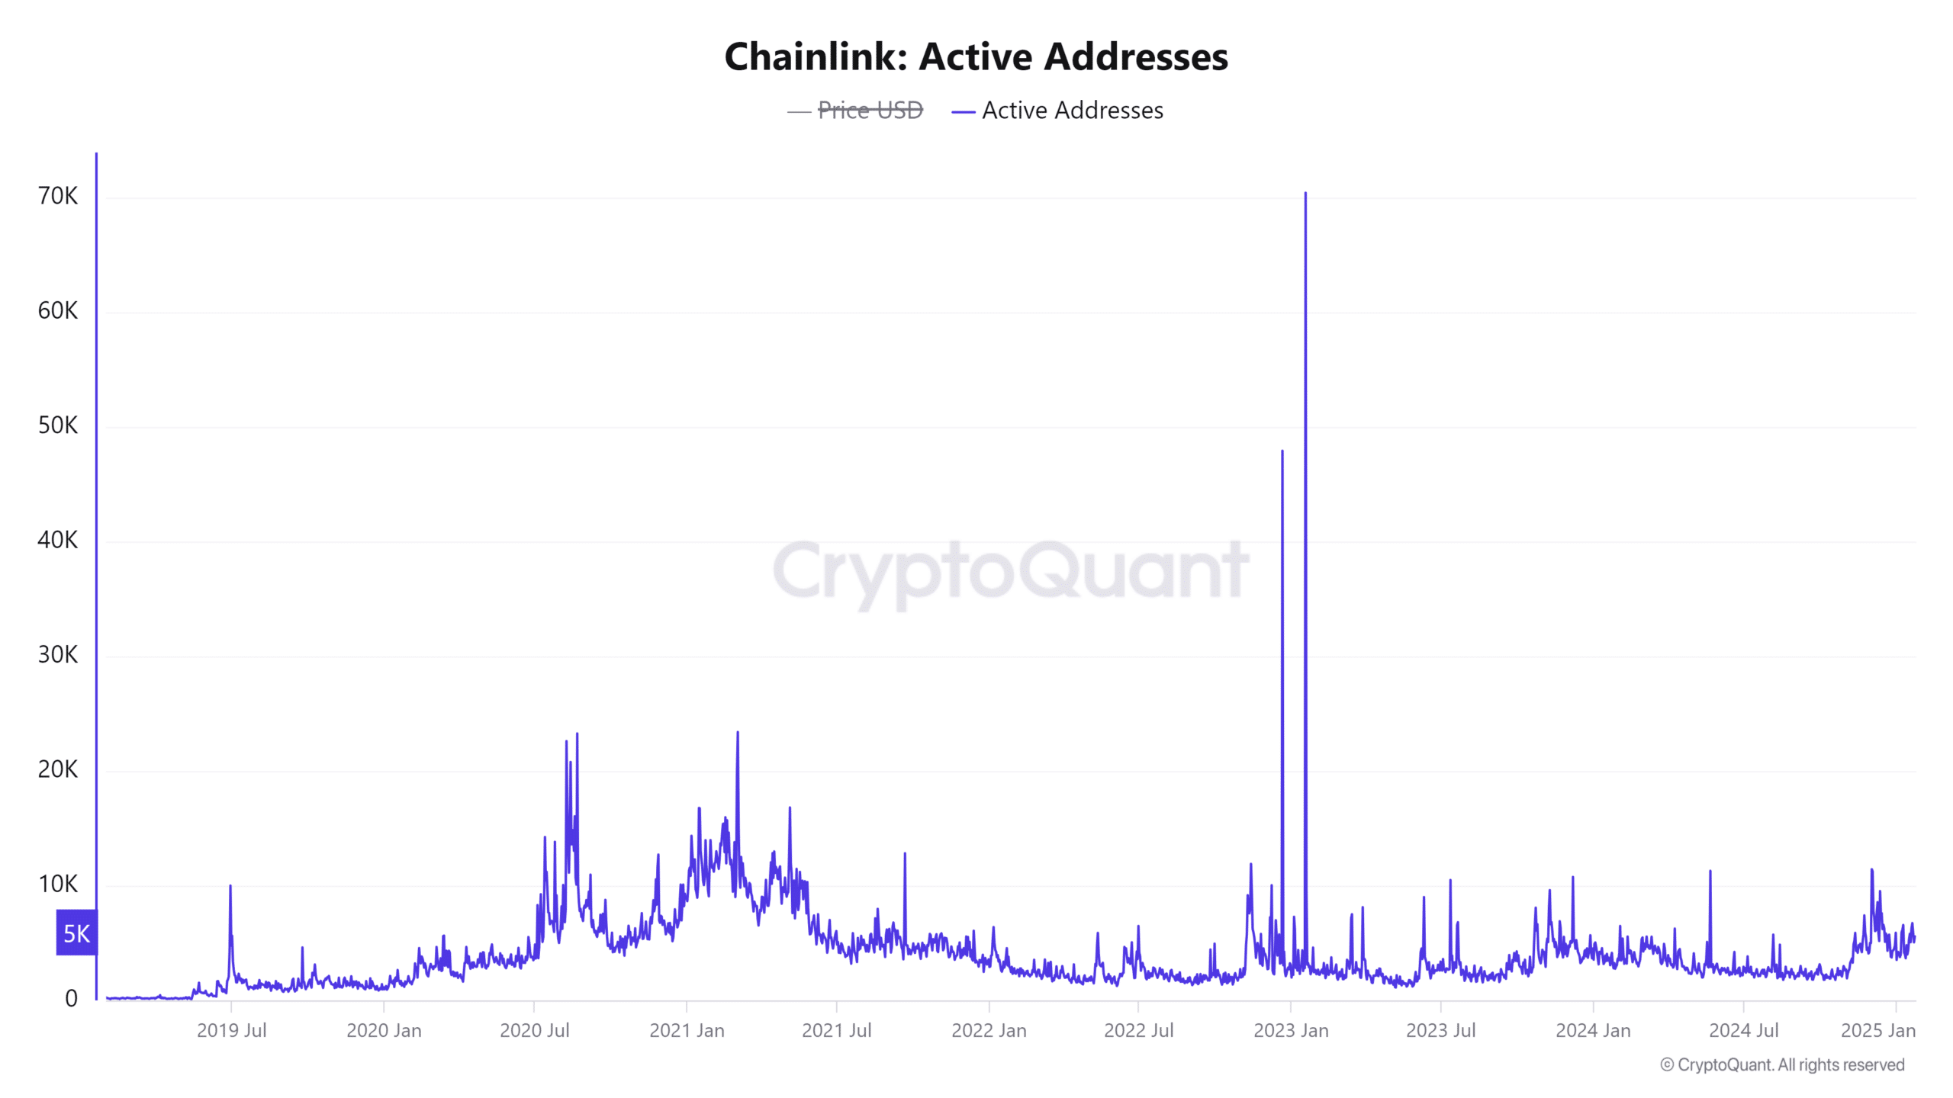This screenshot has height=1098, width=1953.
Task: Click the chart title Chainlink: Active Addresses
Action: pyautogui.click(x=976, y=56)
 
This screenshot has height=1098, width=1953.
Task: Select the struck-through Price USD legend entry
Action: pyautogui.click(x=870, y=111)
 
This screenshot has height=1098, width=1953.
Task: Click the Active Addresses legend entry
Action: pyautogui.click(x=1072, y=111)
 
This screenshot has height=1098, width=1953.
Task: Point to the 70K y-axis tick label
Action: pyautogui.click(x=58, y=196)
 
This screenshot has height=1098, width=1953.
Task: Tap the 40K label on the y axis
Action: pyautogui.click(x=58, y=540)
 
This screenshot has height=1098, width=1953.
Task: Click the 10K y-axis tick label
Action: pyautogui.click(x=58, y=884)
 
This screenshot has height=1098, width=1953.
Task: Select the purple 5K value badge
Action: pyautogui.click(x=76, y=933)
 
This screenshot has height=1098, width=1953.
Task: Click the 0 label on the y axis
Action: pyautogui.click(x=71, y=998)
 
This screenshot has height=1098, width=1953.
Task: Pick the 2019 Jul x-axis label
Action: pyautogui.click(x=231, y=1030)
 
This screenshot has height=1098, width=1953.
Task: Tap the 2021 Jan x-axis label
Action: pyautogui.click(x=687, y=1030)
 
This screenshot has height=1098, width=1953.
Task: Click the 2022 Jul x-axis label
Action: pyautogui.click(x=1138, y=1030)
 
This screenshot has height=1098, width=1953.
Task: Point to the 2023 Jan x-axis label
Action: pyautogui.click(x=1291, y=1030)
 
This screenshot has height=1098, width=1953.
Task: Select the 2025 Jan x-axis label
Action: pyautogui.click(x=1877, y=1030)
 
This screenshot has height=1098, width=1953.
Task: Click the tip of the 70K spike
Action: pyautogui.click(x=1305, y=194)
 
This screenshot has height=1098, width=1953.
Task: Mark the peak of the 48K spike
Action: pyautogui.click(x=1282, y=451)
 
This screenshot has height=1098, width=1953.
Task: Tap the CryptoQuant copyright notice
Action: pyautogui.click(x=1782, y=1064)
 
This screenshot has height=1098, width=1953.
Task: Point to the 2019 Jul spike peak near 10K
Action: pyautogui.click(x=230, y=886)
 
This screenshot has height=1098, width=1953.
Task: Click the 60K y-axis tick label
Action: pyautogui.click(x=58, y=310)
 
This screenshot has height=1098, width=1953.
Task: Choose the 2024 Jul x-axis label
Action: pyautogui.click(x=1743, y=1030)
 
